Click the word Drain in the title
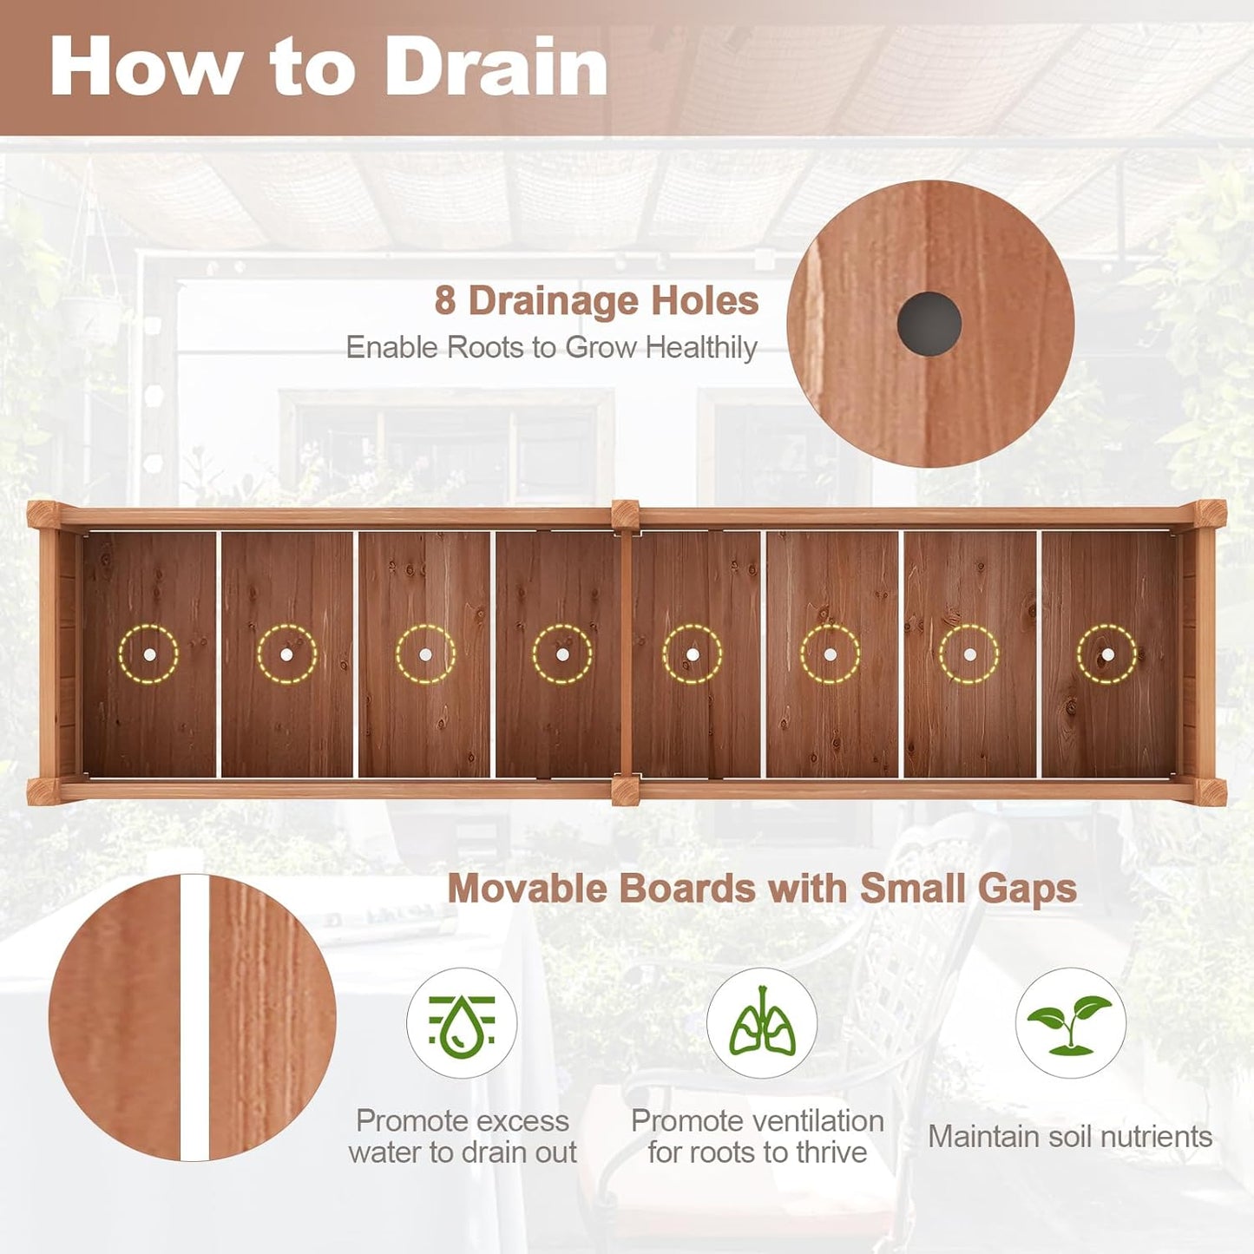click(496, 67)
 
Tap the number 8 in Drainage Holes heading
click(445, 301)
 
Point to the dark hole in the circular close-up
click(929, 324)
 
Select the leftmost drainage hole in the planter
click(148, 654)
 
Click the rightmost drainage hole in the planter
click(1107, 654)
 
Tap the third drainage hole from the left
click(425, 654)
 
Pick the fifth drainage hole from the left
click(692, 654)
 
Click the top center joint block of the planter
click(625, 515)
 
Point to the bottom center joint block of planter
click(625, 790)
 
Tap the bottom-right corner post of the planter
click(1211, 791)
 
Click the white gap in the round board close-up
click(195, 1017)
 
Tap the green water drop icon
click(462, 1024)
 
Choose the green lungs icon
click(761, 1024)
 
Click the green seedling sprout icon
click(1070, 1024)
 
